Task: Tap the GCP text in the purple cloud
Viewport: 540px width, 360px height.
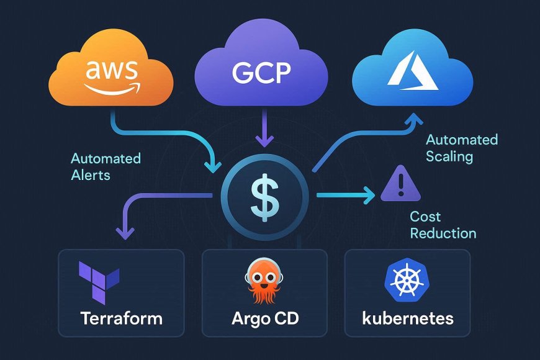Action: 261,73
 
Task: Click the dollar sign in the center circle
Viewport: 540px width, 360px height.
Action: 263,197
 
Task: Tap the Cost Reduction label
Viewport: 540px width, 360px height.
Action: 443,225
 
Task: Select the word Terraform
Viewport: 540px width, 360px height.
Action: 121,319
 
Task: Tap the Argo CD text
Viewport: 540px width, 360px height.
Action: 264,319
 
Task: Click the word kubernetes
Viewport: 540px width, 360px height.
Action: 408,319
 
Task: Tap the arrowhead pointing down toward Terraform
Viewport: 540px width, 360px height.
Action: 126,234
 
